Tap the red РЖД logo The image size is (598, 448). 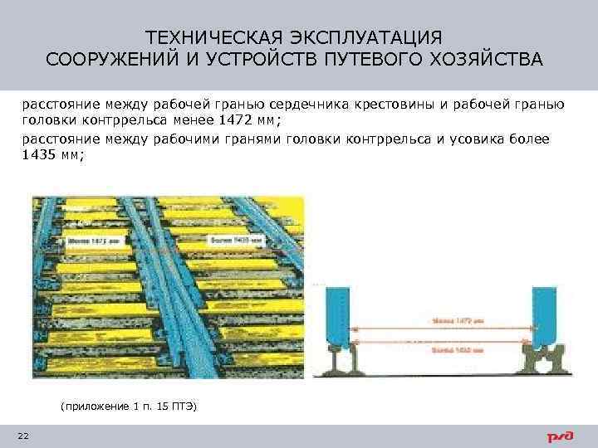click(x=559, y=436)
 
